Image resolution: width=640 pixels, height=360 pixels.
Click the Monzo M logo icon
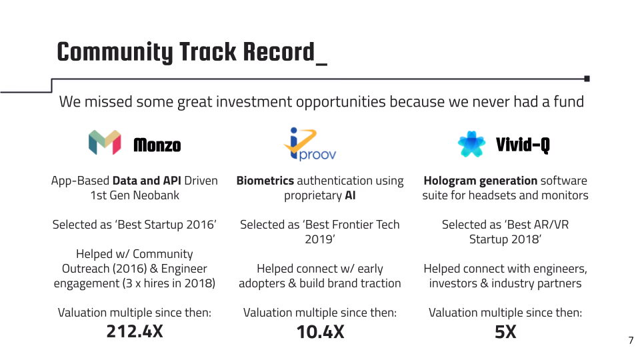pos(105,143)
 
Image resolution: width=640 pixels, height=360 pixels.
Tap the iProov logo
pos(310,144)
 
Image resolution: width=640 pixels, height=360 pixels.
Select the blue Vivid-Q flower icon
pos(471,144)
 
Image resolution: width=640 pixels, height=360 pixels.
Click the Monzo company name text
pos(157,145)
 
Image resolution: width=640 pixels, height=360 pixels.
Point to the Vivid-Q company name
pos(523,145)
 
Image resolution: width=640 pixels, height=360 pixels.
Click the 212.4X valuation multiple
pos(135,331)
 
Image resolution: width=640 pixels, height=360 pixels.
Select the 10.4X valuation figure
pos(321,331)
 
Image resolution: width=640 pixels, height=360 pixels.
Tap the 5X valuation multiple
pos(505,331)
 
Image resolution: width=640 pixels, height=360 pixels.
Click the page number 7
pos(631,340)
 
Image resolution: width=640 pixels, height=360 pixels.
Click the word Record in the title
pos(279,52)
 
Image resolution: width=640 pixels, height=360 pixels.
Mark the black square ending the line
pos(587,79)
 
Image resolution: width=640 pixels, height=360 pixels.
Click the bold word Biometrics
pos(265,181)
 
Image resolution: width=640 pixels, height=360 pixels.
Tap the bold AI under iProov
pos(350,195)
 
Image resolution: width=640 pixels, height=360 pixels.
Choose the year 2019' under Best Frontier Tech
pos(320,239)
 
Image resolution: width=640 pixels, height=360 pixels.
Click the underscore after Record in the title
pos(321,64)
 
